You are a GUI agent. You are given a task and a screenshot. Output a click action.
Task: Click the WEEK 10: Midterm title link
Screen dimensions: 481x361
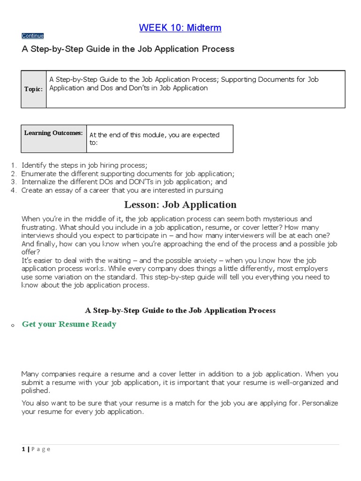tap(180, 28)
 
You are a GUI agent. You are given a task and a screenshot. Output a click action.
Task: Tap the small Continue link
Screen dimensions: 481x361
tap(32, 36)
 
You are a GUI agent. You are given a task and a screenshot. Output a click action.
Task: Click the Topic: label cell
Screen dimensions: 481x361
tap(33, 89)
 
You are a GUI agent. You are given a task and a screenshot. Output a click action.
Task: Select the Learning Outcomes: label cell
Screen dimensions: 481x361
tap(54, 133)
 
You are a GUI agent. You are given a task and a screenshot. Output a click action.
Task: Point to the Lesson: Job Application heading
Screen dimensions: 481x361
tap(180, 205)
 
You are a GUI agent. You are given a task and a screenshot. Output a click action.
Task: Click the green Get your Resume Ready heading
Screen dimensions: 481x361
tap(69, 324)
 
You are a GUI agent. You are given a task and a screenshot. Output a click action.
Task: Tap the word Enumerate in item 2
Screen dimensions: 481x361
tap(39, 173)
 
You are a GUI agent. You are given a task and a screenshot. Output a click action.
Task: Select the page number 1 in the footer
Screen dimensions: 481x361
tap(23, 449)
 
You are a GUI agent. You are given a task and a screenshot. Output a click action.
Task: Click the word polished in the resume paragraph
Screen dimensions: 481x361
tap(35, 391)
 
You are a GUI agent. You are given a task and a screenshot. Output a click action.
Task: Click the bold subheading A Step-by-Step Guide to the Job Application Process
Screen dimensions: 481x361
tap(180, 310)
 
